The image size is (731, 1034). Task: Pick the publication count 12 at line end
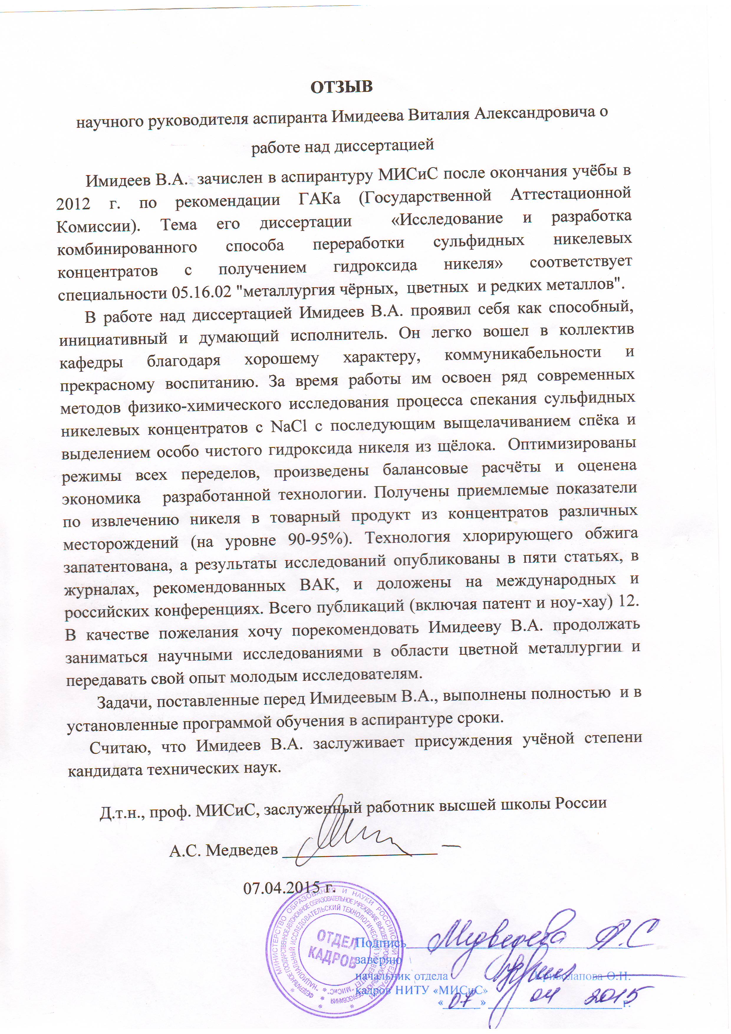pyautogui.click(x=629, y=602)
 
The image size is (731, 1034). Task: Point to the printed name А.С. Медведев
pyautogui.click(x=223, y=850)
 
